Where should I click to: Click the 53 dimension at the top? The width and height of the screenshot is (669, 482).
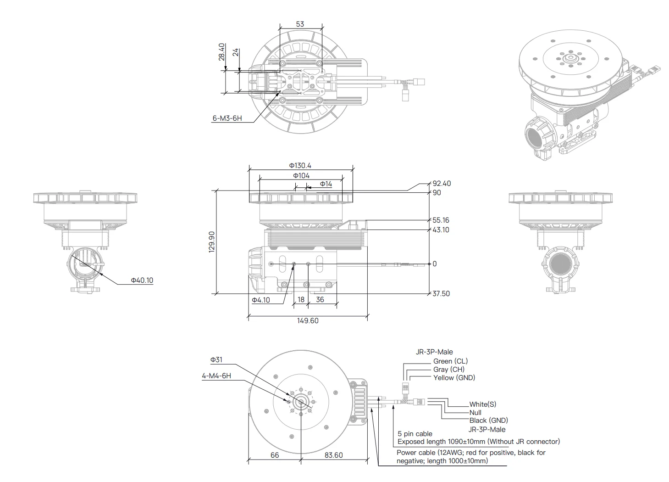300,24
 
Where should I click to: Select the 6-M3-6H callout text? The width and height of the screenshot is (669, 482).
227,118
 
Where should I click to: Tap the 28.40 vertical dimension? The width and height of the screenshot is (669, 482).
221,52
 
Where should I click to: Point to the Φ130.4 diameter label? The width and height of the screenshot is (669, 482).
300,165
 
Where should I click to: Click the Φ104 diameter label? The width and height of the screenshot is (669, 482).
301,175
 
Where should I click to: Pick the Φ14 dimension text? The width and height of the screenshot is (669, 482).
326,184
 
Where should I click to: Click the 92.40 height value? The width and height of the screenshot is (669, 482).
442,183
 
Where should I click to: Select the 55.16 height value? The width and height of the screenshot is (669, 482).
441,220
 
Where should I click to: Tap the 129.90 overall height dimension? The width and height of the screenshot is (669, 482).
211,242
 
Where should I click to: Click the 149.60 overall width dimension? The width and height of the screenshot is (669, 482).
308,320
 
